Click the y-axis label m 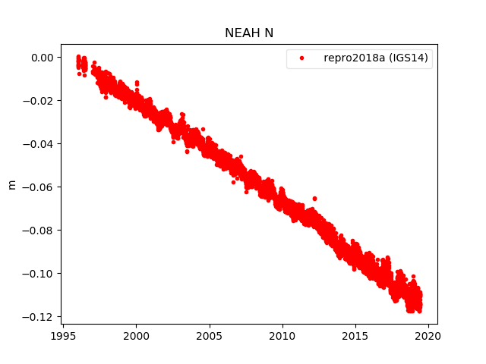coord(11,184)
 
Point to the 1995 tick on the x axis coord(62,334)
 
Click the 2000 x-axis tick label coord(136,334)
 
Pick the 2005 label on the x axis coord(209,334)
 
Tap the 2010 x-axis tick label coord(282,334)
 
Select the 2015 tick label coord(355,334)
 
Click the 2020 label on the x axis coord(429,334)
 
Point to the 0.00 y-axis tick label coord(42,58)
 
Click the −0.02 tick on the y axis coord(39,101)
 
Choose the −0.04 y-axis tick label coord(39,144)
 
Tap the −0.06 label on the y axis coord(39,187)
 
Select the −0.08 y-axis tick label coord(39,231)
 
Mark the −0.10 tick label coord(39,274)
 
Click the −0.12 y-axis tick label coord(39,317)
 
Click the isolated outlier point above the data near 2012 coord(314,199)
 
